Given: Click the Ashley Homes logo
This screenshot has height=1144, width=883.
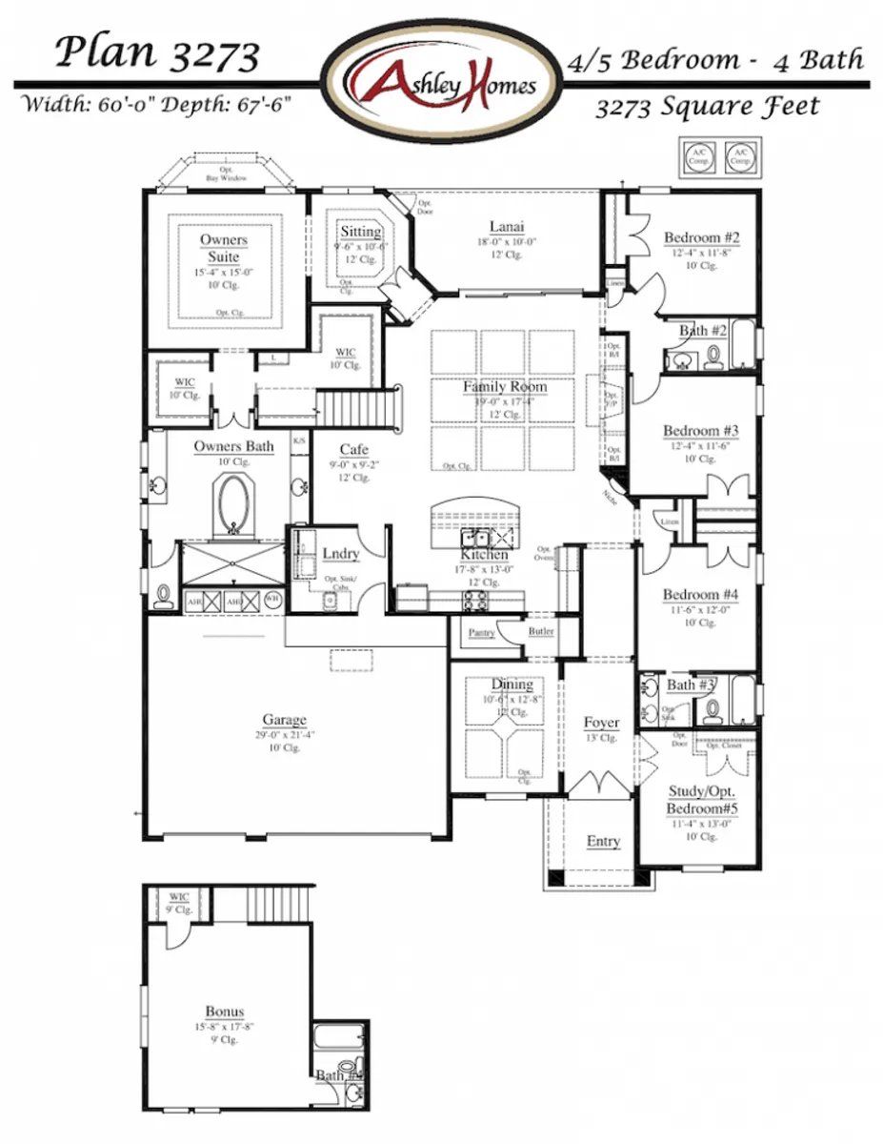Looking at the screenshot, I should click(x=441, y=82).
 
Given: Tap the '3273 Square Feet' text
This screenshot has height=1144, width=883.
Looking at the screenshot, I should click(x=707, y=107).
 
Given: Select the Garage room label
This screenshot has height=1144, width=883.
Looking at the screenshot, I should click(x=285, y=720).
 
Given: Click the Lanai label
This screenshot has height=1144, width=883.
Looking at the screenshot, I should click(x=507, y=226).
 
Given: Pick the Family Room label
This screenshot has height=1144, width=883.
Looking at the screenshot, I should click(x=505, y=387).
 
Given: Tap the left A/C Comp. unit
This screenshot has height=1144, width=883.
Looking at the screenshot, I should click(x=698, y=157).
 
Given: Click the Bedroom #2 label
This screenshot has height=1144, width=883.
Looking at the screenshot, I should click(x=702, y=237).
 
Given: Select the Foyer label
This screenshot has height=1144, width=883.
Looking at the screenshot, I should click(x=602, y=723).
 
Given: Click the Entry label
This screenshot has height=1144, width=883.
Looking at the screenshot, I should click(x=603, y=841).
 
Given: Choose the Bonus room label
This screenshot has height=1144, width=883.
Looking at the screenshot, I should click(x=225, y=1011).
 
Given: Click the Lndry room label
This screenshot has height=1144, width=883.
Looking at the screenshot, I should click(x=340, y=554).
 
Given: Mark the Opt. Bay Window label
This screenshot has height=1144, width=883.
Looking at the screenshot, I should click(x=226, y=174).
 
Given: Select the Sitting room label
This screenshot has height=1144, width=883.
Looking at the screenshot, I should click(x=360, y=232).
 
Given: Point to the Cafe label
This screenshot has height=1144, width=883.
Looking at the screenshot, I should click(x=353, y=449).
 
